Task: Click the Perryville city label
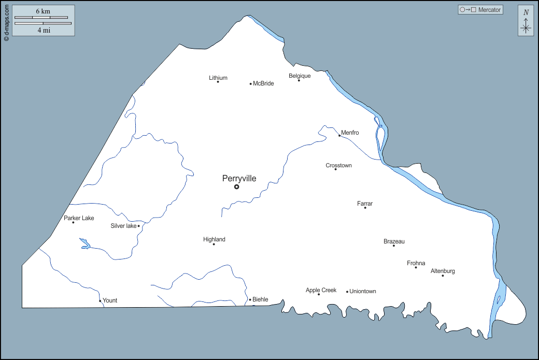click(239, 179)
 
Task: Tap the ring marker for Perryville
click(237, 186)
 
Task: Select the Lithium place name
click(218, 78)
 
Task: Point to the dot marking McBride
click(251, 84)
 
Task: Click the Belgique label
click(300, 76)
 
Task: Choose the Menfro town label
click(350, 133)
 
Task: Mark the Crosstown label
click(338, 166)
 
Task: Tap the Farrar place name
click(365, 204)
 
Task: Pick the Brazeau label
click(394, 241)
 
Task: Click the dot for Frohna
click(416, 267)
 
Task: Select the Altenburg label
click(443, 271)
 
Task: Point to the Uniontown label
click(363, 292)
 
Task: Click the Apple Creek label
click(321, 290)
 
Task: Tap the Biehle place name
click(260, 299)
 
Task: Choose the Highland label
click(214, 239)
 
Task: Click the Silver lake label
click(123, 226)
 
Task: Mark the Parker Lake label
click(79, 218)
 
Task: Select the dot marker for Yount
click(100, 301)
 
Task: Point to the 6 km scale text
click(43, 11)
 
